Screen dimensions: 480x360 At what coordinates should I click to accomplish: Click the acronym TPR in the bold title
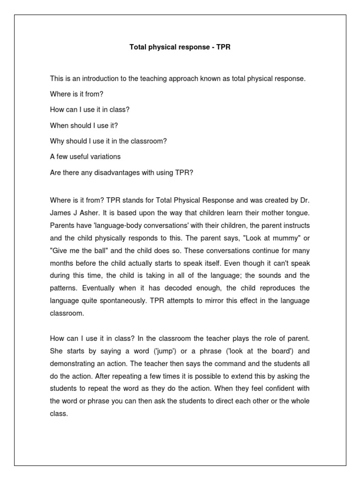(x=223, y=48)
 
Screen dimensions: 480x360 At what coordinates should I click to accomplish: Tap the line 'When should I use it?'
(x=83, y=126)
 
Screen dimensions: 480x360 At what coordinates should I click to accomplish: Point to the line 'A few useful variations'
(x=85, y=157)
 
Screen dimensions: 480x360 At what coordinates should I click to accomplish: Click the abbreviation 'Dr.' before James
(x=304, y=200)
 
